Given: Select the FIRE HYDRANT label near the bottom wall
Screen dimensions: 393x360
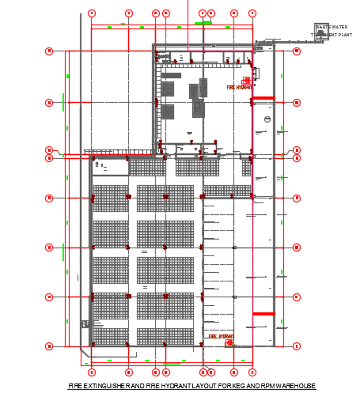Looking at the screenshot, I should point(221,336).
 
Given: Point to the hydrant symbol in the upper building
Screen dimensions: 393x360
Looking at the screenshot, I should point(247,81).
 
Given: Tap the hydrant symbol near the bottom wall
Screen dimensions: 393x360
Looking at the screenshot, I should point(229,342).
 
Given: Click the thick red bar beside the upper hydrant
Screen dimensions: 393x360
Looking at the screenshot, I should point(263,98).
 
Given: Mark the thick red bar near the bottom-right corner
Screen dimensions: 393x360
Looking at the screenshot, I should point(263,315).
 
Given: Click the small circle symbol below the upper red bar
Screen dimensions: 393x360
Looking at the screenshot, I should point(267,119).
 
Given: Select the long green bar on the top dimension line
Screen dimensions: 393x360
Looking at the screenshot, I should point(203,24).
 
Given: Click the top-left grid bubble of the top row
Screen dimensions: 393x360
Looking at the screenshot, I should point(92,13).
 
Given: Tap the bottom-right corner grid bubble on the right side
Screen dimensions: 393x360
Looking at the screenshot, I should point(297,346).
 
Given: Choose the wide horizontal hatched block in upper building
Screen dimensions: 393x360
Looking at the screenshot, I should point(172,76).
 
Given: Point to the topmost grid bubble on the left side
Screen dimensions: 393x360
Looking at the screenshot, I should point(49,51).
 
